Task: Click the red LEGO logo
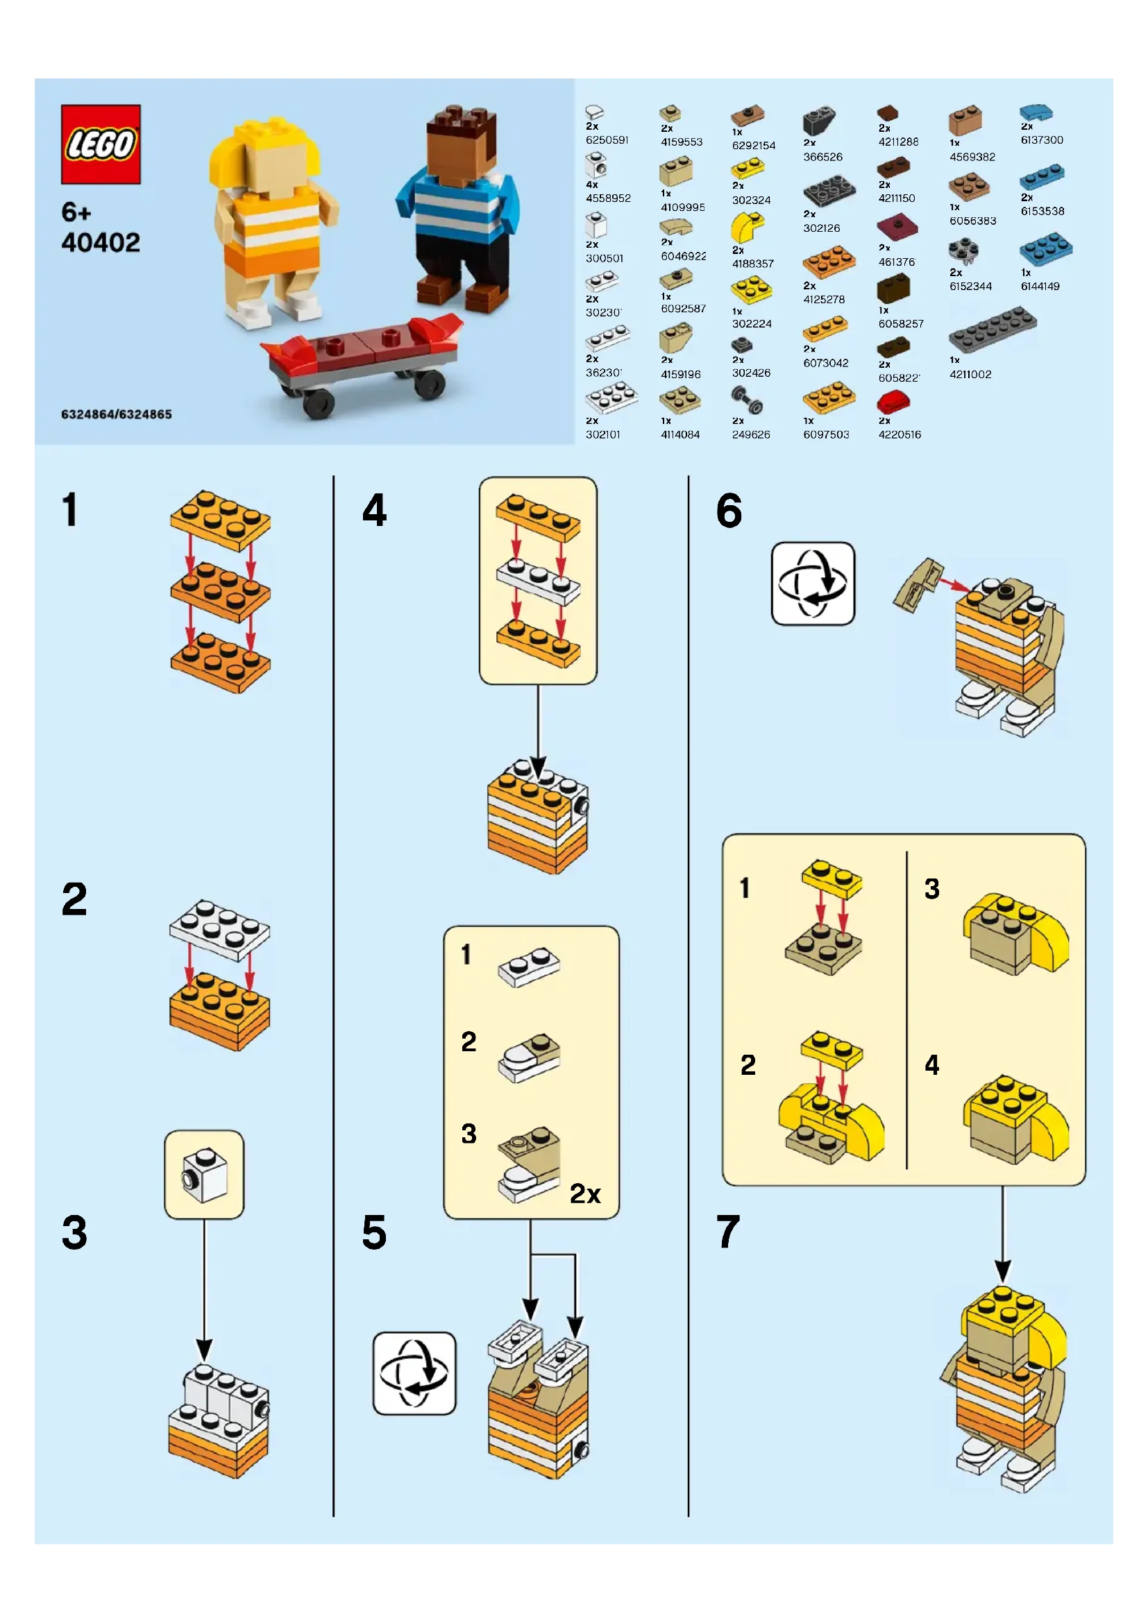click(101, 144)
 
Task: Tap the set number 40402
click(101, 243)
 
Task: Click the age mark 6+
click(76, 212)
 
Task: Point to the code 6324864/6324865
click(117, 414)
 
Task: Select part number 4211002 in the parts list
click(970, 374)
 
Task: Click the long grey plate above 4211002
click(993, 330)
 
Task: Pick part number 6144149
click(1039, 287)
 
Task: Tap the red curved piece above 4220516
click(893, 403)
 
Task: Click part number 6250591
click(607, 140)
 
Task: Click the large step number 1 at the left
click(69, 510)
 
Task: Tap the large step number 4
click(374, 510)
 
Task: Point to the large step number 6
click(729, 511)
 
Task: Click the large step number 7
click(728, 1232)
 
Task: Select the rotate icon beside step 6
click(812, 583)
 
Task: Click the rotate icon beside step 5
click(414, 1373)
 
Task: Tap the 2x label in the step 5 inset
click(584, 1194)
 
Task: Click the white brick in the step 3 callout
click(205, 1175)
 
